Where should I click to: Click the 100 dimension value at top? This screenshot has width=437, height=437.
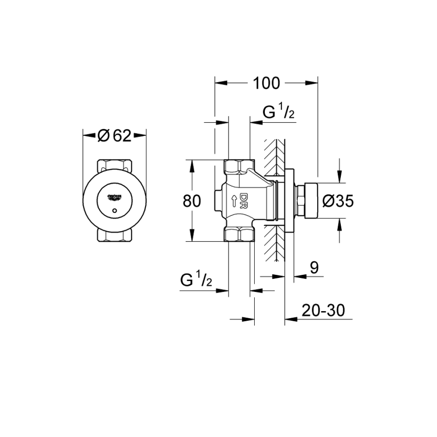tap(266, 83)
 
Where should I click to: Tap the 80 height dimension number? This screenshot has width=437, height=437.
tap(192, 201)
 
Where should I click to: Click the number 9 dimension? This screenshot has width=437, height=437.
tap(314, 268)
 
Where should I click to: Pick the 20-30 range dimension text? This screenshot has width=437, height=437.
tap(323, 311)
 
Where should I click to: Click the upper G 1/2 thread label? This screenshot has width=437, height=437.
tap(278, 114)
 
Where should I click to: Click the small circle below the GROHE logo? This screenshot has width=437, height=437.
tap(114, 211)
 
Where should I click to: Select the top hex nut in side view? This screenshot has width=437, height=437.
tap(239, 166)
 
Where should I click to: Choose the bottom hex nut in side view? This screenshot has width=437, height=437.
tap(239, 235)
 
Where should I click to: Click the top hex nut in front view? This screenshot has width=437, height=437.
tap(114, 164)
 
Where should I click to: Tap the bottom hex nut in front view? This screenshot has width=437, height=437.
tap(114, 236)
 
